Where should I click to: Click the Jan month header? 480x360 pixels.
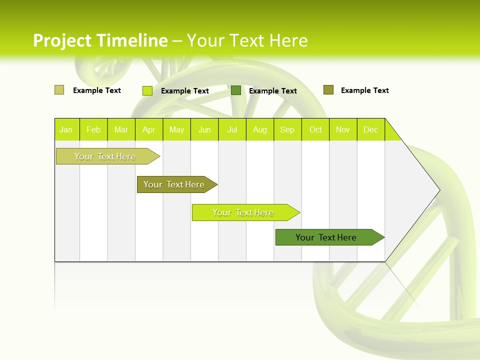coord(66,129)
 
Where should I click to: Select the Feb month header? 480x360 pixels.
coord(93,129)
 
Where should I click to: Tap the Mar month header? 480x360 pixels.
coord(121,129)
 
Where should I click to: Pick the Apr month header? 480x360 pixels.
coord(149,129)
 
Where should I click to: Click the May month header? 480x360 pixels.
coord(176,129)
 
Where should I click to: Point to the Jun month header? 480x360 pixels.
coord(204,129)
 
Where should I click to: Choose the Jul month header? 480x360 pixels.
coord(232,129)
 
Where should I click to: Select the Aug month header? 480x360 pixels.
coord(260,129)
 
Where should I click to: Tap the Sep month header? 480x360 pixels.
coord(287,129)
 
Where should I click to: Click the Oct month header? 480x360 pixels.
coord(315,129)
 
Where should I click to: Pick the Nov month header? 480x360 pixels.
coord(343,129)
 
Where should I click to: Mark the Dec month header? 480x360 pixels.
coord(371,129)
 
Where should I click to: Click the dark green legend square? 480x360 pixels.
coord(236,90)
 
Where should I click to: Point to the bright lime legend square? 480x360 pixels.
coord(147,90)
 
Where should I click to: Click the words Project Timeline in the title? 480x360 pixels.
coord(100,40)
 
